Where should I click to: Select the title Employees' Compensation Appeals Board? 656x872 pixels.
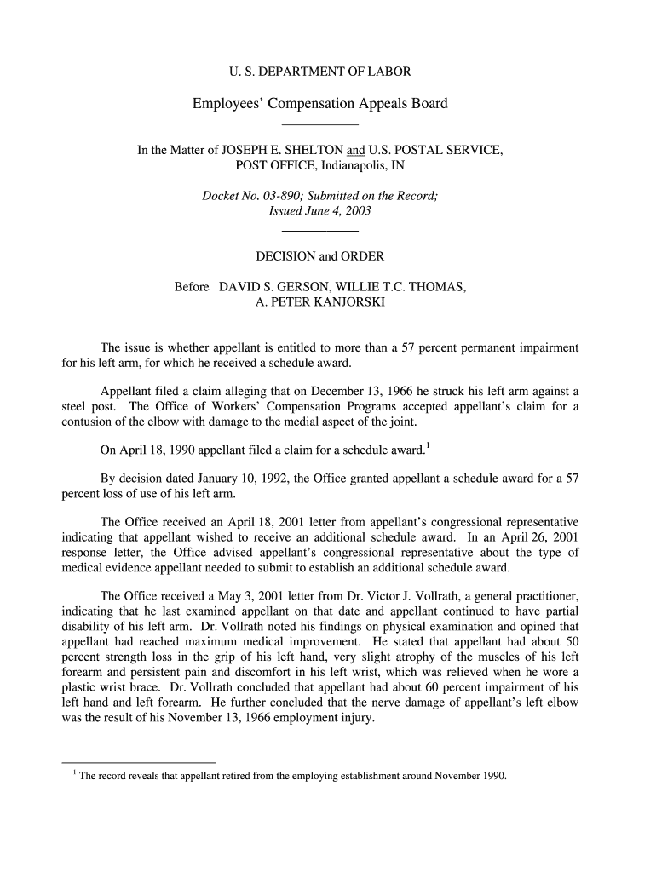click(319, 104)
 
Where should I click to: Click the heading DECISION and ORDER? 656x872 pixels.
click(319, 255)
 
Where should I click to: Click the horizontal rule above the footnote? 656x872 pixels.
click(140, 761)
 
